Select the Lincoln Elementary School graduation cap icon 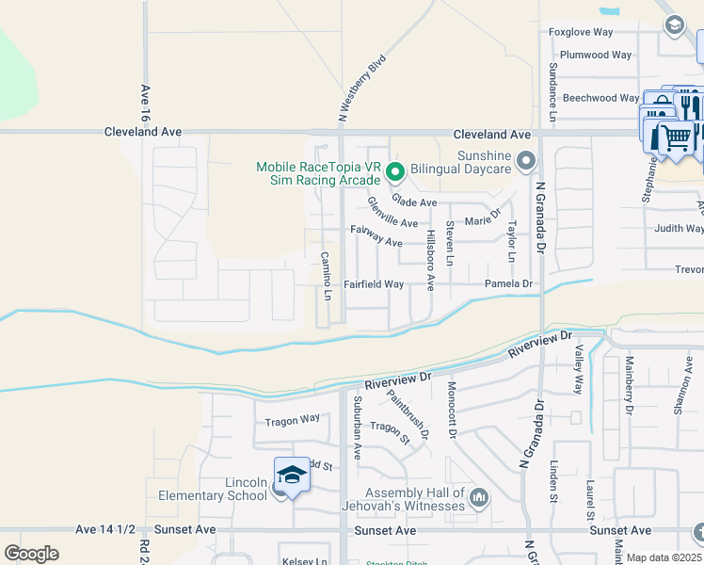click(292, 475)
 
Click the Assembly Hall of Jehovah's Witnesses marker click(479, 496)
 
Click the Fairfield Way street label click(374, 283)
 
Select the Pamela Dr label click(508, 283)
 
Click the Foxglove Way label click(581, 32)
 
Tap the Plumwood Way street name click(596, 55)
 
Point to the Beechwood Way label click(600, 98)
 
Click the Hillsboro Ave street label click(430, 259)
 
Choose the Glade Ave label click(414, 202)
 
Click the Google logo click(31, 553)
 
